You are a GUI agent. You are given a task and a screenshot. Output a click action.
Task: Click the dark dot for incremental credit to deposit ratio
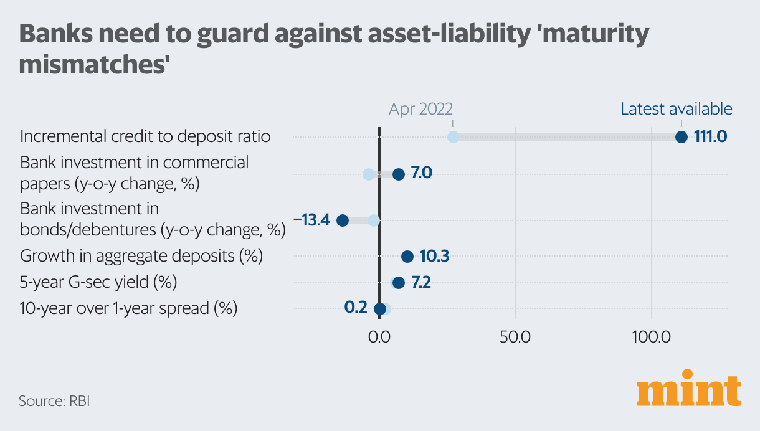(x=681, y=137)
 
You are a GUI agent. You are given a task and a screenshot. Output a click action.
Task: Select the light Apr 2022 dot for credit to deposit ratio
(x=454, y=137)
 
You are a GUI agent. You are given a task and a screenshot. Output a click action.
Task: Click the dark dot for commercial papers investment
(x=399, y=174)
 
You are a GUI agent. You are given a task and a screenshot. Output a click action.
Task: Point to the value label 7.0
(x=422, y=173)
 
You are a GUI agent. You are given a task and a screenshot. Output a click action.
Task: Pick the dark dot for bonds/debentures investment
(x=342, y=220)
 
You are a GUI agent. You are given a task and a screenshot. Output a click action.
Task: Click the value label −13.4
(x=312, y=220)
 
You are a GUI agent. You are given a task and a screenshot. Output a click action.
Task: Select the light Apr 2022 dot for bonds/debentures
(x=373, y=220)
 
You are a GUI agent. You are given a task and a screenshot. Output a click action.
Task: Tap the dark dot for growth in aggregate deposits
(x=407, y=256)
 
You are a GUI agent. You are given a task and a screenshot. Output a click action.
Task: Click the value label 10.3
(x=434, y=256)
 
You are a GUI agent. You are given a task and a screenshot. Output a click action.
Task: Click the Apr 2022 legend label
(x=420, y=109)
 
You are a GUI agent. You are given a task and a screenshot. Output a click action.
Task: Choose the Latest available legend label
(x=676, y=109)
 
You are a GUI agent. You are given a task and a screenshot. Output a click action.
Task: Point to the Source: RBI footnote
(x=54, y=400)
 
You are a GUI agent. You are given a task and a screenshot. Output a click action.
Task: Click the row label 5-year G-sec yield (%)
(x=98, y=282)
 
